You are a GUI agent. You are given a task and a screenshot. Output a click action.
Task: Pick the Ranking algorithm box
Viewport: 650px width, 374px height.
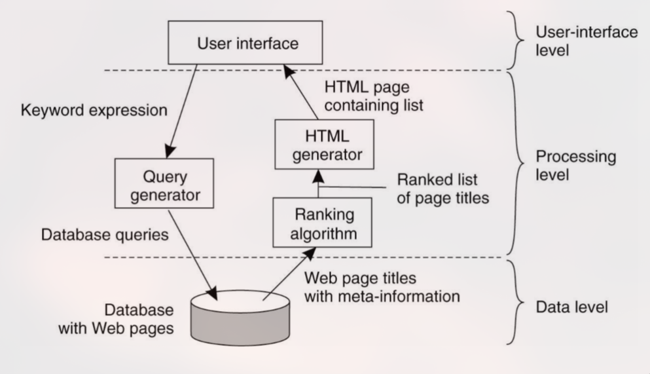click(317, 222)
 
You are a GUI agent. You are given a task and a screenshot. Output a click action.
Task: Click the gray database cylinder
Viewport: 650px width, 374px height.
click(239, 318)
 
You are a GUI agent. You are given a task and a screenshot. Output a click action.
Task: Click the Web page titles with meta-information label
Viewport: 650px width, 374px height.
click(382, 288)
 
